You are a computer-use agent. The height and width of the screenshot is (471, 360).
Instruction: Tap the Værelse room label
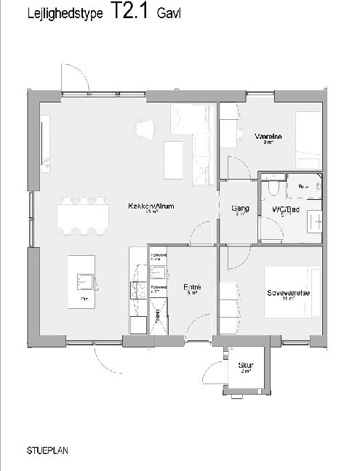pyautogui.click(x=263, y=136)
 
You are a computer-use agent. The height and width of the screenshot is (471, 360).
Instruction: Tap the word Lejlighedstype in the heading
pyautogui.click(x=55, y=14)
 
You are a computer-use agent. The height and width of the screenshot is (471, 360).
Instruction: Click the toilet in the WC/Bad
pyautogui.click(x=271, y=188)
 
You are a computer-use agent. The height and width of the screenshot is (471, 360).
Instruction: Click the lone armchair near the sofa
pyautogui.click(x=145, y=128)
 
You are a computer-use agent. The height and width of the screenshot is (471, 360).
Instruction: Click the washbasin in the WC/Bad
pyautogui.click(x=314, y=220)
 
